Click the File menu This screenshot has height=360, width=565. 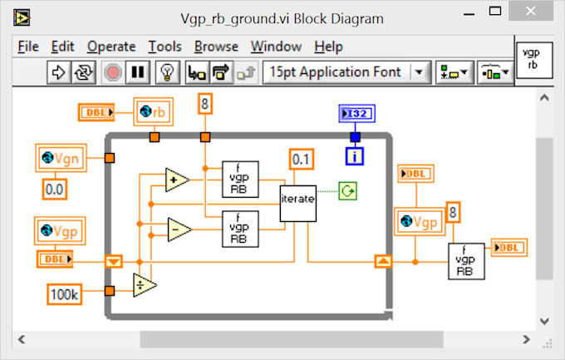28,47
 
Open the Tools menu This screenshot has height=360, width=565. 165,47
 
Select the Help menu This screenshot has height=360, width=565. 328,47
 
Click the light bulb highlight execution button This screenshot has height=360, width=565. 167,72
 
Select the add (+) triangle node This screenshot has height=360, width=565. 175,179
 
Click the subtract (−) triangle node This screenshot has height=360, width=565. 175,228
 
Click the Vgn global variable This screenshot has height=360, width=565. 66,157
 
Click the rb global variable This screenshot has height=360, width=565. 154,111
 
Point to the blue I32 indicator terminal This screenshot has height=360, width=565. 355,113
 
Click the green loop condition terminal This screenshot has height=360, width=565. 348,192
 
